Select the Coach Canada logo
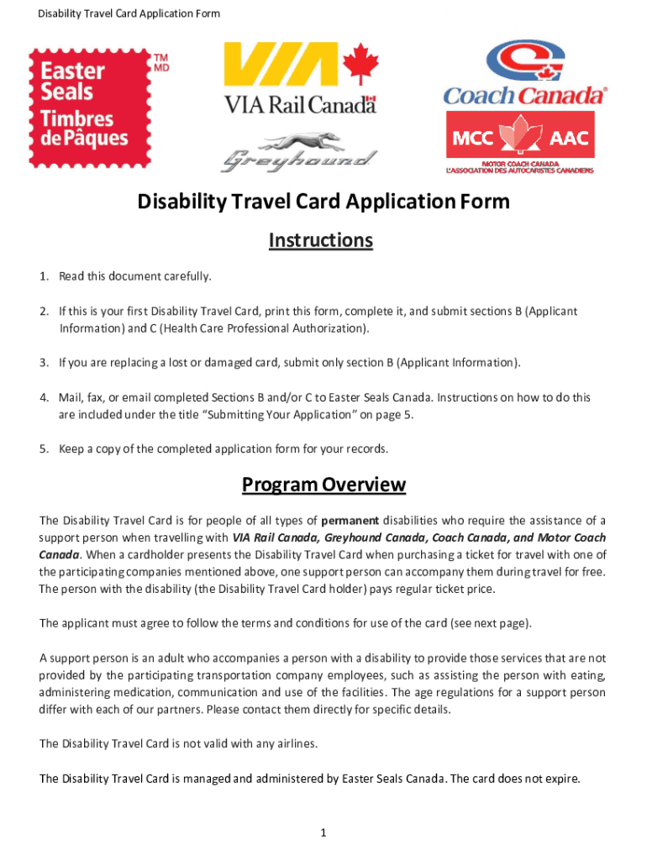tap(525, 73)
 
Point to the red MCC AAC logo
tap(519, 142)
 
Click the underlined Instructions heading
tap(320, 241)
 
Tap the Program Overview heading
tap(323, 485)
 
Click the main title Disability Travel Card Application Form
tap(323, 202)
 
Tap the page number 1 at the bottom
tap(323, 833)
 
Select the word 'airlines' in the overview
tap(297, 744)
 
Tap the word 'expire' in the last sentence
tap(560, 779)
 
